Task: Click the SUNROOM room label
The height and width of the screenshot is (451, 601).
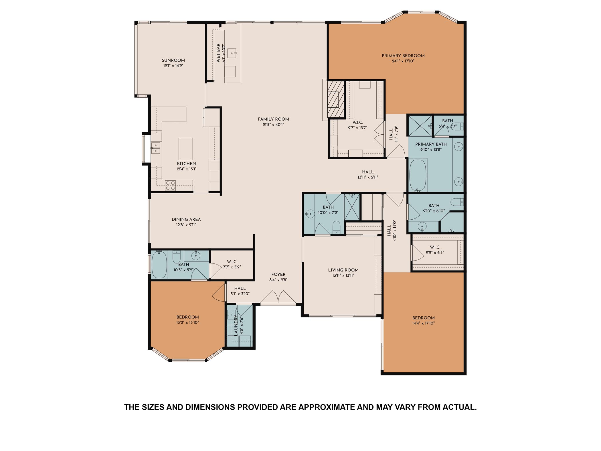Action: [x=173, y=60]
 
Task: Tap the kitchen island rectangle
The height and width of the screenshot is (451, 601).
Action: [x=185, y=149]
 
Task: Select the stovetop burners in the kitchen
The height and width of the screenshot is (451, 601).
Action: [x=170, y=186]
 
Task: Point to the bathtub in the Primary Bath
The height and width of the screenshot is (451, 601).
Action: [x=418, y=176]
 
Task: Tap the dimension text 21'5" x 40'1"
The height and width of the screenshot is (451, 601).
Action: [x=273, y=125]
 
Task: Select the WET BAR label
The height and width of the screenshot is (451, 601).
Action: [x=218, y=53]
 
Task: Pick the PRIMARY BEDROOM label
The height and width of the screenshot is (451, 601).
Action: [x=403, y=56]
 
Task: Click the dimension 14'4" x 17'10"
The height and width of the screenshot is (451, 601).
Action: [x=423, y=323]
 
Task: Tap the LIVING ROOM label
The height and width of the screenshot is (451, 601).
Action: [x=343, y=270]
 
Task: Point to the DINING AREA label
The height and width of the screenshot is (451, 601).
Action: [x=186, y=219]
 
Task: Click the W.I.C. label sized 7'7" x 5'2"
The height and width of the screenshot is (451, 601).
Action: [x=232, y=261]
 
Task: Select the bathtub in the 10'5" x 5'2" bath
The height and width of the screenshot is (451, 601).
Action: [x=159, y=265]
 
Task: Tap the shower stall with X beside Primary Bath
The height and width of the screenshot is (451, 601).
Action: [x=420, y=126]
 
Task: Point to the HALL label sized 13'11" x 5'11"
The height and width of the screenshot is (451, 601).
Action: [x=367, y=172]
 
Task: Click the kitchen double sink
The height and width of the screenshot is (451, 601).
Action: [x=155, y=148]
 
